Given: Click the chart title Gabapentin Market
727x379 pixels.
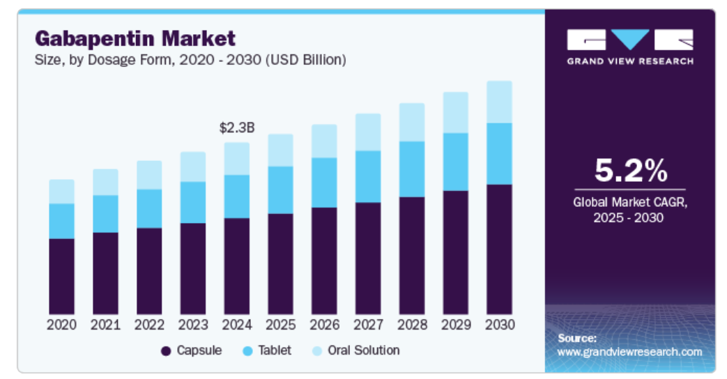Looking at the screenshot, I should (x=135, y=38).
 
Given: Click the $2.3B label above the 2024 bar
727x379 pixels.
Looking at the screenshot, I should (x=237, y=127).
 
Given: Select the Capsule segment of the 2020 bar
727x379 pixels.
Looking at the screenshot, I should (x=61, y=276).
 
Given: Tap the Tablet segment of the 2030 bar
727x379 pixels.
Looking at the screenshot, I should (x=499, y=153).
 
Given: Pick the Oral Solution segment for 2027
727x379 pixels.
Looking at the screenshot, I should (x=368, y=132).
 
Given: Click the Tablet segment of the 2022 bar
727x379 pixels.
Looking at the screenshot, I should (x=149, y=208).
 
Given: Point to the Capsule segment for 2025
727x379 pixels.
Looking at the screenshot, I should (x=280, y=263).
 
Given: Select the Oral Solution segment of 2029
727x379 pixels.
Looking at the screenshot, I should (x=455, y=112).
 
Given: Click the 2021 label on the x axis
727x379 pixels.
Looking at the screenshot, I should (x=105, y=325).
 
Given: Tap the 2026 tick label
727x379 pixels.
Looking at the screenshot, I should (x=324, y=325).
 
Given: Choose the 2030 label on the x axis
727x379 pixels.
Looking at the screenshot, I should (x=499, y=325).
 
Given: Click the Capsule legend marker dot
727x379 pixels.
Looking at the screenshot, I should (x=166, y=351).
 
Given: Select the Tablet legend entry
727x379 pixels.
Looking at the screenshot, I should (x=267, y=350).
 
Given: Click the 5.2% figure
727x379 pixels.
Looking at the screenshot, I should (x=630, y=171).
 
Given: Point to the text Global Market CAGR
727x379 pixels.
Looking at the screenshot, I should (x=630, y=203).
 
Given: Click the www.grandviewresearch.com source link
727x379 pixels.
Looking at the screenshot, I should (x=629, y=352).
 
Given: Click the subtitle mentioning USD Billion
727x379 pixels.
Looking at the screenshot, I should (x=190, y=60).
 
